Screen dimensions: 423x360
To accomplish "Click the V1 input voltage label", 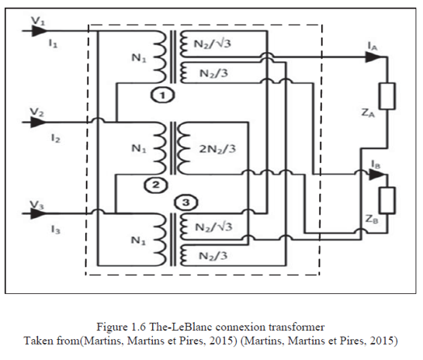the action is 38,21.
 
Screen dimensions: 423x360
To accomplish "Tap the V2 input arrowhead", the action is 38,122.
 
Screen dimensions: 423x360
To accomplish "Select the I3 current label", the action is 55,230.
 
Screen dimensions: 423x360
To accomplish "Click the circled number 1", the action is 162,95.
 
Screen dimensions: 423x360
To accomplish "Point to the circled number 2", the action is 156,185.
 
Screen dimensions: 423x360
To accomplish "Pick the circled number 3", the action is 185,202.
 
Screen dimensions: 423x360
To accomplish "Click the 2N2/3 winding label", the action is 217,149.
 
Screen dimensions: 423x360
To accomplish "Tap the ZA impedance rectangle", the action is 387,96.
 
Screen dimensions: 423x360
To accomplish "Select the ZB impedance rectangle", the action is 387,200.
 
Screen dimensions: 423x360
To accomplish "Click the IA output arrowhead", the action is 373,57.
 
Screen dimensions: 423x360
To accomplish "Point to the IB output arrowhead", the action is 376,175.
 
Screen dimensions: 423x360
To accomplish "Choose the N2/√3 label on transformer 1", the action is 213,43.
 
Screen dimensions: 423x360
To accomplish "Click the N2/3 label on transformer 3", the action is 213,255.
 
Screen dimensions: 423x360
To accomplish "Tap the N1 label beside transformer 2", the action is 139,149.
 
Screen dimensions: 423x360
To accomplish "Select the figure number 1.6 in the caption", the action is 138,327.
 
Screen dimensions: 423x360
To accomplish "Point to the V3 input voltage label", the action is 36,206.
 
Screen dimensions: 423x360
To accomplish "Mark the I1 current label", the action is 53,43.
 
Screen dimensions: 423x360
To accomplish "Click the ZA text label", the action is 368,112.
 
